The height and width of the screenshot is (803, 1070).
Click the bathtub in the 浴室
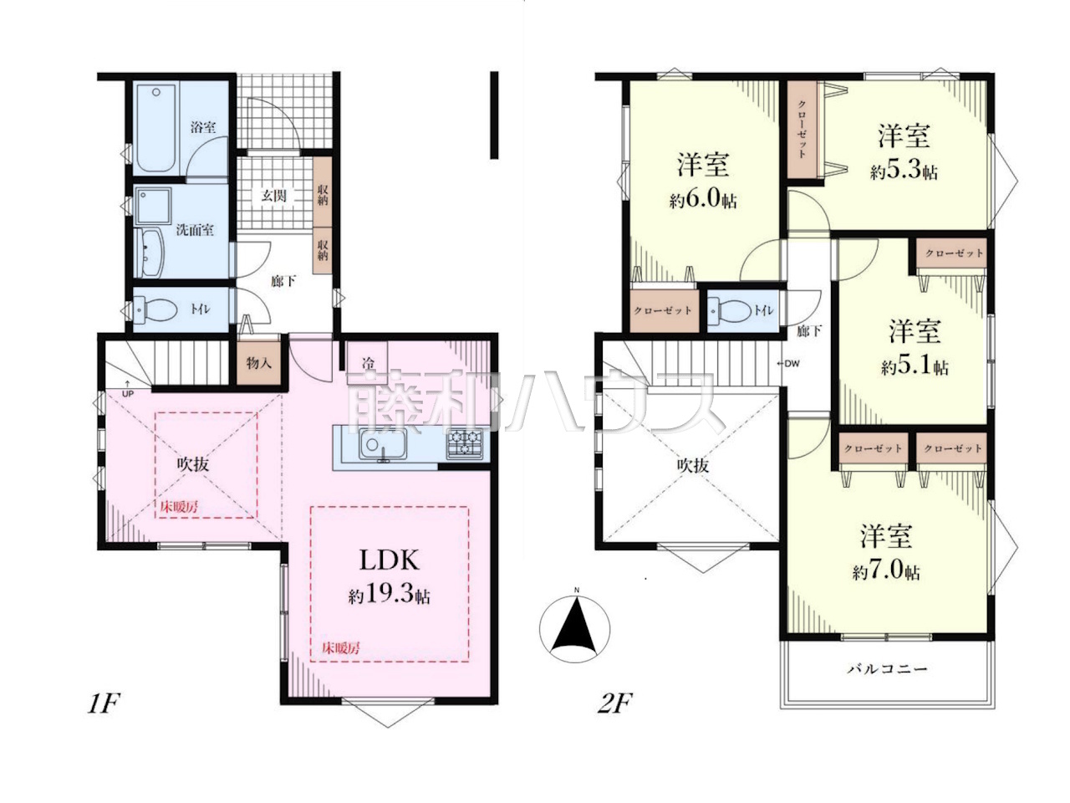pos(155,128)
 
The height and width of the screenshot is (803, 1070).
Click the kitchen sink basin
pos(383,444)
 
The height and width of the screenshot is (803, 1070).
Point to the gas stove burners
pos(465,443)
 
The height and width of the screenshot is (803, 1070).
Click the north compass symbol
pos(575,629)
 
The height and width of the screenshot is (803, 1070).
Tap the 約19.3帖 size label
pos(389,596)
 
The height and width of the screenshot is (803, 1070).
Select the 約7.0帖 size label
pos(886,572)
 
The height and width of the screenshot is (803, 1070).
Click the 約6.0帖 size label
pos(703,201)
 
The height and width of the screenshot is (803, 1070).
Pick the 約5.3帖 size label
pos(904,171)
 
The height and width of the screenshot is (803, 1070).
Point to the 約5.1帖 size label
pos(915,366)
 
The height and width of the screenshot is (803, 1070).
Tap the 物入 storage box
pos(258,363)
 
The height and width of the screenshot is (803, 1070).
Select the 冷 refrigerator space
pos(367,358)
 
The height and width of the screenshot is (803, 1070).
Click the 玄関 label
pos(274,196)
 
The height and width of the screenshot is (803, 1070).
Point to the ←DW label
pos(788,364)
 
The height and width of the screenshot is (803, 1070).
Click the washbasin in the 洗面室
pos(151,253)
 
